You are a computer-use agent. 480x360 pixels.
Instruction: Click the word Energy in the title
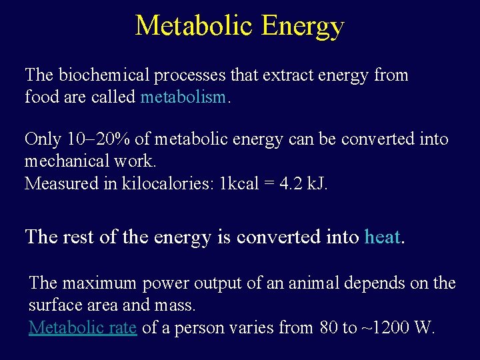point(303,26)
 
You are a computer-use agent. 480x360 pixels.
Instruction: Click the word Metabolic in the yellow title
point(195,26)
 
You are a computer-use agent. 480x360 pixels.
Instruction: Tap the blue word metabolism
point(184,97)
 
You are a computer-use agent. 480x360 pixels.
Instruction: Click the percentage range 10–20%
point(99,139)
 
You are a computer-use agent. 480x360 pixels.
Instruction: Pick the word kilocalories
point(167,183)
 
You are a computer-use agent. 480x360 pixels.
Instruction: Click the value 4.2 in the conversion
point(290,183)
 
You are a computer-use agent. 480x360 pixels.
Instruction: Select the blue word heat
point(382,237)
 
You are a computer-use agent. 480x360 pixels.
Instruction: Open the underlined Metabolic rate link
point(83,327)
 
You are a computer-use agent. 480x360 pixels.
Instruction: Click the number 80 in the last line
point(329,327)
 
